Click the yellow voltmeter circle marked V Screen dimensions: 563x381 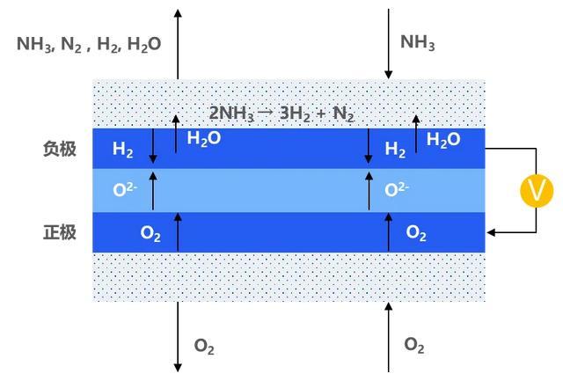pos(537,191)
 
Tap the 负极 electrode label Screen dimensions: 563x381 pos(60,149)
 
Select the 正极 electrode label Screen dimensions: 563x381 pos(60,232)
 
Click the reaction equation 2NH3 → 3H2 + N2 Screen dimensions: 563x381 pos(281,114)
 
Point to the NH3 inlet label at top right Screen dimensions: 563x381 pos(417,42)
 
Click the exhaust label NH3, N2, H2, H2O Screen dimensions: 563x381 pos(89,45)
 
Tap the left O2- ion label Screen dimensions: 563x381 pos(125,189)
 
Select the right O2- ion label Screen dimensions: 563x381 pos(397,189)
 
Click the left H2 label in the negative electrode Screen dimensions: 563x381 pos(123,150)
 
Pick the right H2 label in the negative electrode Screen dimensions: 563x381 pos(395,150)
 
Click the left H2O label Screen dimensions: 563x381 pos(203,139)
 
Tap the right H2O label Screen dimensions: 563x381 pos(443,140)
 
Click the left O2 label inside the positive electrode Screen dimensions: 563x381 pos(150,234)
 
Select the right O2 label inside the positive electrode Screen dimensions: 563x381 pos(416,233)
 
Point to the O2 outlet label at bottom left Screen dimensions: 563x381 pos(204,347)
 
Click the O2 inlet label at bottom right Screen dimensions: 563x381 pos(414,345)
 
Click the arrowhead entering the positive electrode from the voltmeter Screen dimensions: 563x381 pos(491,232)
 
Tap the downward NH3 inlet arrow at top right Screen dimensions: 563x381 pos(388,44)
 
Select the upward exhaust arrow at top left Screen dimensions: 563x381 pos(178,44)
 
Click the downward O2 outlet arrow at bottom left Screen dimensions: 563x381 pos(178,337)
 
